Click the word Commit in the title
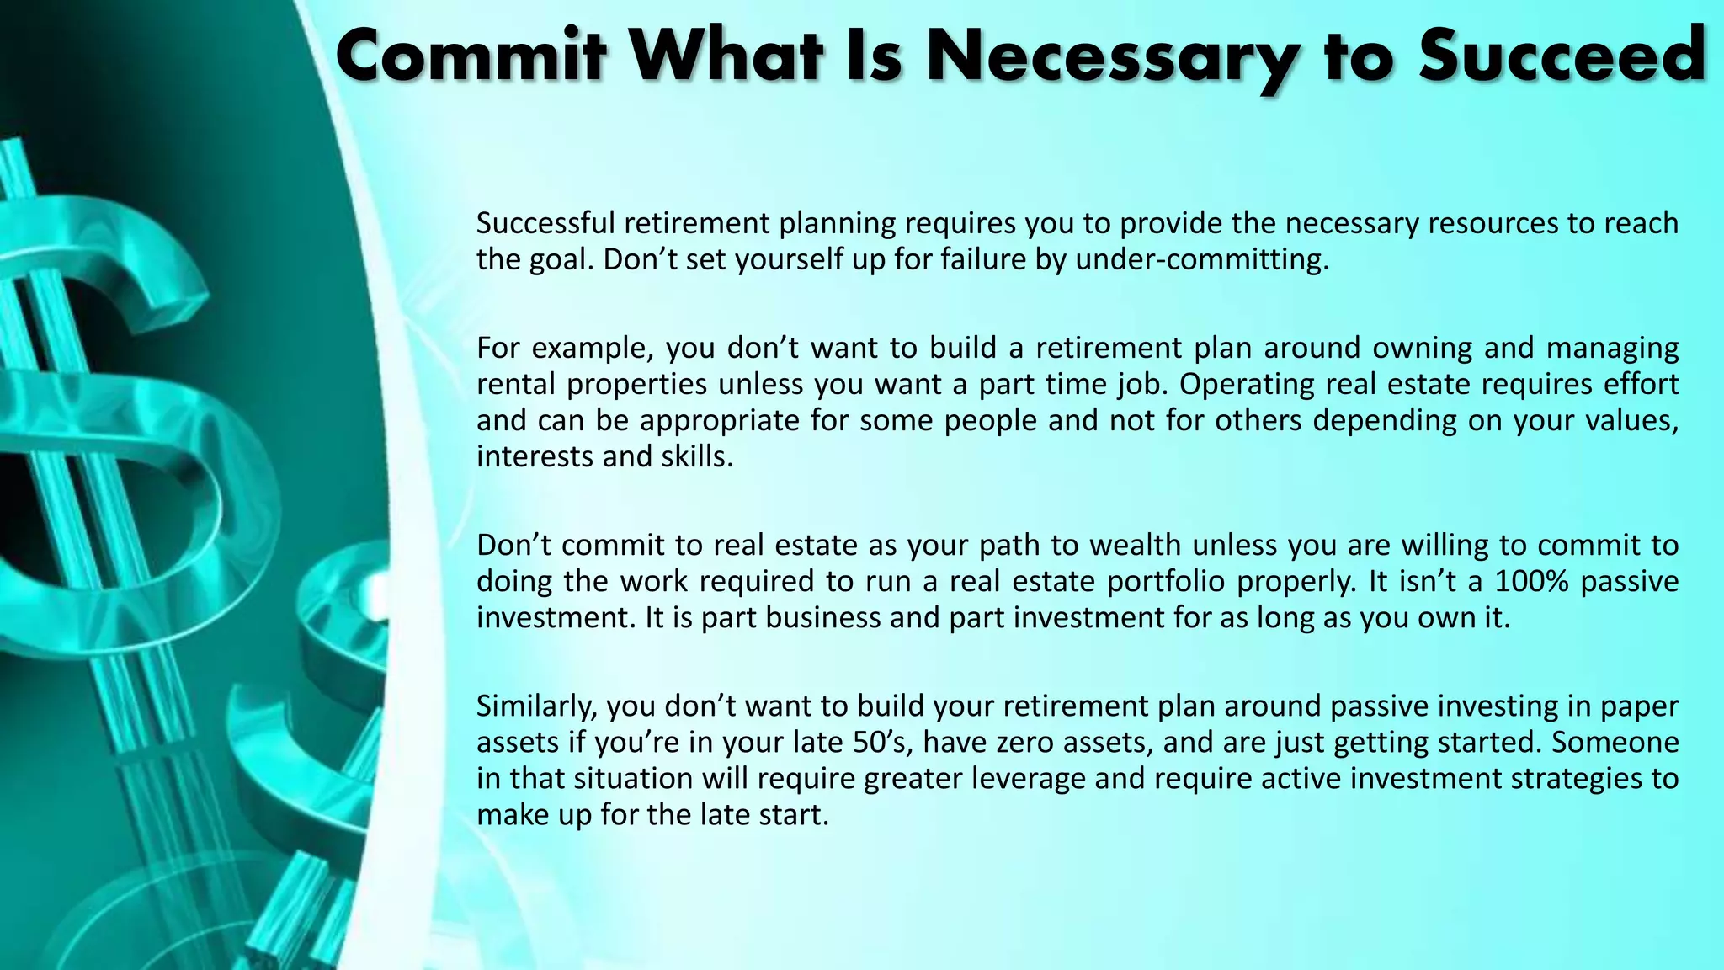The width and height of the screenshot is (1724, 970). tap(471, 56)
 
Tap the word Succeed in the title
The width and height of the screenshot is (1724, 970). tap(1562, 56)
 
